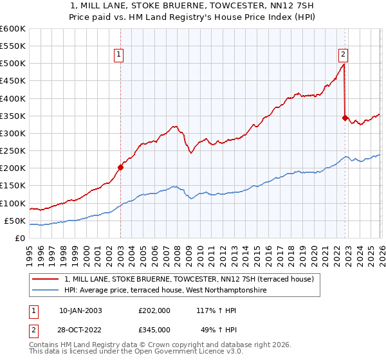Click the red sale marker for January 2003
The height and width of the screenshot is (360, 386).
click(x=120, y=167)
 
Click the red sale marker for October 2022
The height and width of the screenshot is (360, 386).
click(x=345, y=118)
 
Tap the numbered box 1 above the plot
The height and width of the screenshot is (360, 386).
click(x=120, y=55)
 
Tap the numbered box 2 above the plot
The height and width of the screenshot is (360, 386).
click(x=344, y=55)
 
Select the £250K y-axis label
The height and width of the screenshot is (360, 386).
click(x=13, y=151)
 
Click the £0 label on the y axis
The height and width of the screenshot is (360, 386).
click(x=20, y=239)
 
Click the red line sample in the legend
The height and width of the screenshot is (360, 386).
click(x=46, y=279)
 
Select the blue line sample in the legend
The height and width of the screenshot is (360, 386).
click(x=46, y=291)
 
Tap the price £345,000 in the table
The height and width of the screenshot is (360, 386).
click(x=154, y=329)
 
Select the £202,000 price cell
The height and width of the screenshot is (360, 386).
click(x=154, y=310)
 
